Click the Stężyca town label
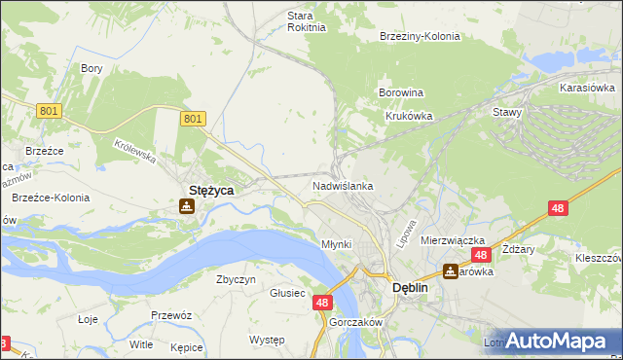210,191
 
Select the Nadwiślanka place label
343,185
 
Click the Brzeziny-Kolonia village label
420,36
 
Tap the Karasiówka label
585,88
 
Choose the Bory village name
92,68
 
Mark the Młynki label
336,244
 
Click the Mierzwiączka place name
453,239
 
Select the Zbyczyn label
236,279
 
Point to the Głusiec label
288,293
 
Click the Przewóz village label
170,315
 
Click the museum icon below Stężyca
186,206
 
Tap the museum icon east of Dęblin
450,271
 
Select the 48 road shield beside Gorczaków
324,304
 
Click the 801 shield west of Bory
50,111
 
